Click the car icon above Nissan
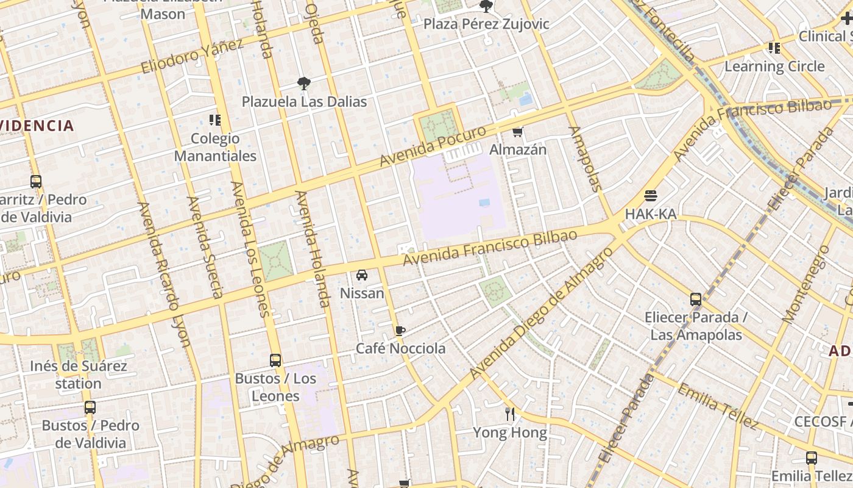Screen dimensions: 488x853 362,275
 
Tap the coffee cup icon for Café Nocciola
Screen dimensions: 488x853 400,331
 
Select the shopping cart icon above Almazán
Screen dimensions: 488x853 518,132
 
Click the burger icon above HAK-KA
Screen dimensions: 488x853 651,196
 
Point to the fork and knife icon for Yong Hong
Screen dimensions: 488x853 510,414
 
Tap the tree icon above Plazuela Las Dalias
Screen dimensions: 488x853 303,84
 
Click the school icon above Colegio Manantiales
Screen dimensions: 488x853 214,120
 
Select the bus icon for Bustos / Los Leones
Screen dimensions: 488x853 275,361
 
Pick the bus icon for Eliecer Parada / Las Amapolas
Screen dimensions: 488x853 696,300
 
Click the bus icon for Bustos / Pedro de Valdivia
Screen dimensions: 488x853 90,407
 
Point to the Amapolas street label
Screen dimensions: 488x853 584,159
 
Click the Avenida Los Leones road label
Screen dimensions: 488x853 250,250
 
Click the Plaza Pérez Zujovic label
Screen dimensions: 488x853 486,24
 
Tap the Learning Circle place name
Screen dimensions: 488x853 774,66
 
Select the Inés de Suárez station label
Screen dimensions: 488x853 79,375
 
